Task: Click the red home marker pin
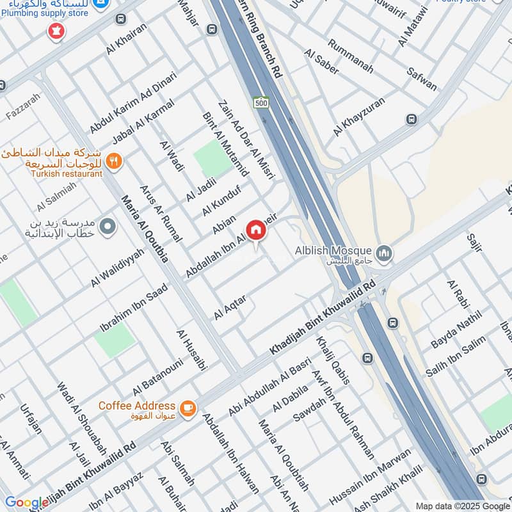[255, 230]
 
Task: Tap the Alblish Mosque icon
[385, 253]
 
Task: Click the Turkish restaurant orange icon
[114, 161]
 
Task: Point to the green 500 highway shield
[260, 102]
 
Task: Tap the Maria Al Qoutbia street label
[145, 228]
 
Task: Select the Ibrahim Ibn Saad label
[134, 308]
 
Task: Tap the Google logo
[26, 502]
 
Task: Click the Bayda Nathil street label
[456, 333]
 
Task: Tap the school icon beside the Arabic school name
[108, 226]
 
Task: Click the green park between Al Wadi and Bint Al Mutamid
[212, 158]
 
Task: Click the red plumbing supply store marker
[56, 31]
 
